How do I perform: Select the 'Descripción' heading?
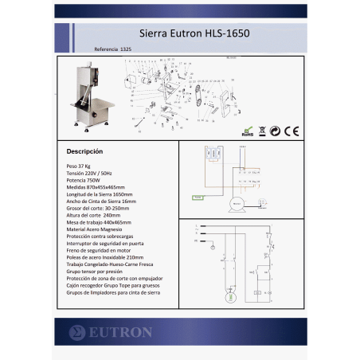84,151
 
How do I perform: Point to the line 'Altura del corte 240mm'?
94,215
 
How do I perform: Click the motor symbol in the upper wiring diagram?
236,205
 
